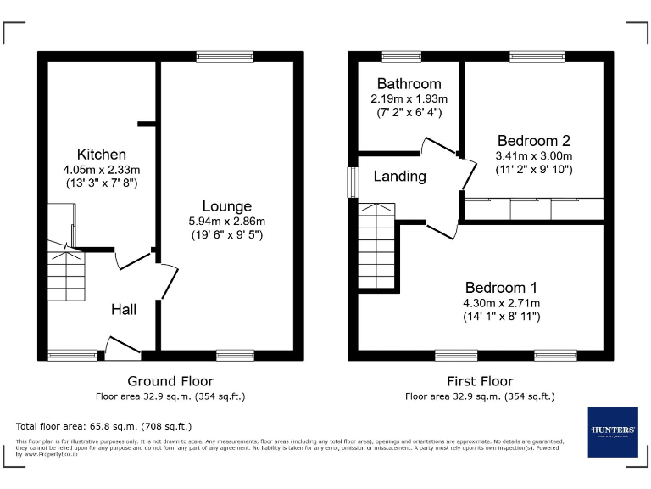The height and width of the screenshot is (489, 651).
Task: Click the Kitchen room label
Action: tap(102, 155)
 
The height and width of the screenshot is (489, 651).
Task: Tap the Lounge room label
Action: tap(226, 206)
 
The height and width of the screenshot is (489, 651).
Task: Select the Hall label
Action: tap(124, 310)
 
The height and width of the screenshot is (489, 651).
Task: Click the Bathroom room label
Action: tap(409, 84)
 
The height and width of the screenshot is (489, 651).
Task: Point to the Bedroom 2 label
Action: tap(533, 141)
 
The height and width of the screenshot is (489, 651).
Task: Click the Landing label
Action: tap(399, 177)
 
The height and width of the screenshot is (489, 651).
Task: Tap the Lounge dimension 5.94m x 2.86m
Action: tap(226, 222)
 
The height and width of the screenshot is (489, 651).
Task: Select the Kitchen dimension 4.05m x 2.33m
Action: tap(102, 169)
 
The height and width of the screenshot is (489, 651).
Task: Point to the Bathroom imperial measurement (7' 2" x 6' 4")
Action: tap(409, 112)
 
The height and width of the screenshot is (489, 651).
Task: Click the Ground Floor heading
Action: tap(170, 381)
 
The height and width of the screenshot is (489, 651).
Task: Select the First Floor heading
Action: tap(480, 381)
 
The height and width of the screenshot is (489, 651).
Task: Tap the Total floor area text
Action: tap(104, 426)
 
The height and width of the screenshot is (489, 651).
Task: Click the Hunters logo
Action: tap(612, 432)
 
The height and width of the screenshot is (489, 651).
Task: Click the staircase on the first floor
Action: tap(377, 246)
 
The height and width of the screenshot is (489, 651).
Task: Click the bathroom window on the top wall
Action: tap(401, 57)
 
